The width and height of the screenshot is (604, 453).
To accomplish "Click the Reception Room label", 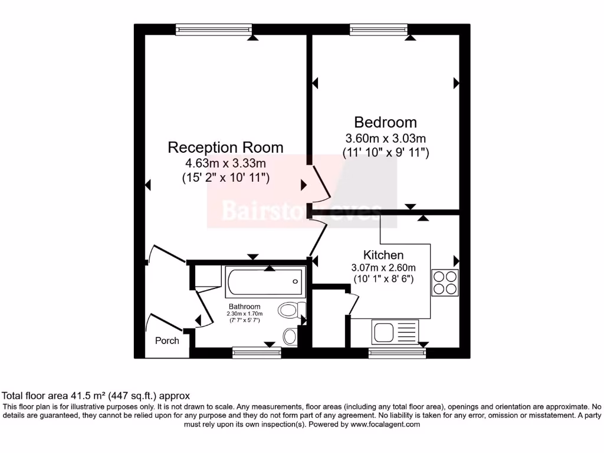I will (225, 147).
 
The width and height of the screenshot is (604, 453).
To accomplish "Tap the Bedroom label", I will (385, 122).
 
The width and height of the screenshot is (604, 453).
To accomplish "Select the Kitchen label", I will (383, 255).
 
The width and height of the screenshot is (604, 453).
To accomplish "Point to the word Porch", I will (167, 340).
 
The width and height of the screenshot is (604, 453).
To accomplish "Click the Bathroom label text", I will (245, 307).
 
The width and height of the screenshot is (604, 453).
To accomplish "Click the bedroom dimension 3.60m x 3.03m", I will (385, 139).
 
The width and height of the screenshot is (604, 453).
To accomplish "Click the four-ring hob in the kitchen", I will (445, 283).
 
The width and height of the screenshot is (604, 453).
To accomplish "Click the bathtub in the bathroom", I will (265, 281).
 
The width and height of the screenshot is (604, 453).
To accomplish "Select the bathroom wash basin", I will (290, 336).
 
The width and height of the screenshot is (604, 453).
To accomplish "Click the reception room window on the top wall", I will (214, 29).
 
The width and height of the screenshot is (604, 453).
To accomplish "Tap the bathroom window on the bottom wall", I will (256, 353).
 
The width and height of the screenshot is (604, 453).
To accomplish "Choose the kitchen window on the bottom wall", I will (397, 353).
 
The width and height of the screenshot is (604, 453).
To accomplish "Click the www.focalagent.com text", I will (385, 424).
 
